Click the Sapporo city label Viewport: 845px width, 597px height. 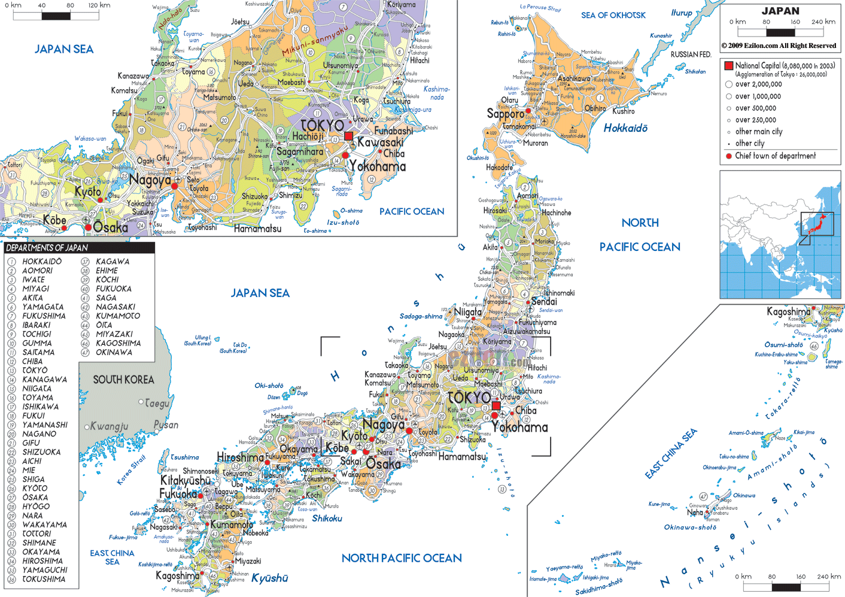[x=504, y=114]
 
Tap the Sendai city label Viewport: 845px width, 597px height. [x=544, y=302]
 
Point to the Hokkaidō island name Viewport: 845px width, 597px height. [x=625, y=128]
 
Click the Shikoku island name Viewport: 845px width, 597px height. [x=327, y=519]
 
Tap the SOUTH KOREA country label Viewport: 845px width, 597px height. [x=123, y=380]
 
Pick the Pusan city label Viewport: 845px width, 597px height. [x=166, y=425]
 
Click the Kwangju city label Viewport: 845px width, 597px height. [x=110, y=426]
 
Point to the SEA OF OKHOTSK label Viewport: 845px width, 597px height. [x=613, y=16]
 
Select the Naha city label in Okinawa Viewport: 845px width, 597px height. [x=695, y=513]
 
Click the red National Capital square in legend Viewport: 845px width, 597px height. [x=728, y=66]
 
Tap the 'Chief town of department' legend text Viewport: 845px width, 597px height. [x=775, y=156]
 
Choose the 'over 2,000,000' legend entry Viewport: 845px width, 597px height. [x=758, y=84]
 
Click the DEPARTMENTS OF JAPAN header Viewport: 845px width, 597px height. [x=47, y=248]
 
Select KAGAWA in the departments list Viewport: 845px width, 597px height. [x=113, y=262]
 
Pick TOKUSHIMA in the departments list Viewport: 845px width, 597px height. [x=44, y=579]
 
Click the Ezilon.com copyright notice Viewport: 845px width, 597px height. [x=779, y=46]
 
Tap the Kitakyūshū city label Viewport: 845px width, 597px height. [x=186, y=481]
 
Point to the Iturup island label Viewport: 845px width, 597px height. [x=681, y=13]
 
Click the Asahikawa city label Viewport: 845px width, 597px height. [x=573, y=78]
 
